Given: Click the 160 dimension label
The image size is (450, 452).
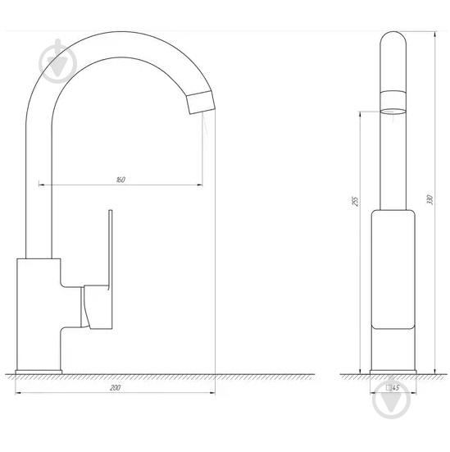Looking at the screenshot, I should [120, 180].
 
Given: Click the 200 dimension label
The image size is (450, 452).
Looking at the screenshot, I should [116, 386].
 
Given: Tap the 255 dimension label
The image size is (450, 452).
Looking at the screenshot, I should [355, 202].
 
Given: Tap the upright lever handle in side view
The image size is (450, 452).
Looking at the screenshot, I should [109, 246].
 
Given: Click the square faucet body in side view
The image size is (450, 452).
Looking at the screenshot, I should [39, 312].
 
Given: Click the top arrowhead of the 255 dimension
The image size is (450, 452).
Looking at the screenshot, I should [360, 114].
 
